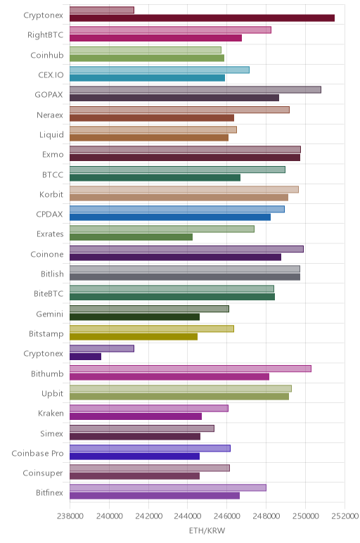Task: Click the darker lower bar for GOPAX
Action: click(x=174, y=98)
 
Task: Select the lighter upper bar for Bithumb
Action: click(x=191, y=369)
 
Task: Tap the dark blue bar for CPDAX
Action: click(x=170, y=217)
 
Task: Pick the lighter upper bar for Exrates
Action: click(x=162, y=229)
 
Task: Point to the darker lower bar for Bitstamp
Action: click(x=134, y=337)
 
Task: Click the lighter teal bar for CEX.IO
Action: click(x=160, y=70)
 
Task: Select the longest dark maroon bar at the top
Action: click(x=202, y=18)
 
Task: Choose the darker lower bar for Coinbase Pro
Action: click(x=135, y=456)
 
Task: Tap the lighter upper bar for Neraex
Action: click(x=179, y=110)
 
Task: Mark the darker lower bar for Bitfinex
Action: click(x=155, y=496)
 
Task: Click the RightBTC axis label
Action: click(x=45, y=35)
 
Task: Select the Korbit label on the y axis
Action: click(x=51, y=194)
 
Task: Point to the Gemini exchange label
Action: click(x=50, y=314)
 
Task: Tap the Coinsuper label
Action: click(x=43, y=473)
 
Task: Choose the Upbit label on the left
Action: click(x=52, y=394)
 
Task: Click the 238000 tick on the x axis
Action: click(x=70, y=516)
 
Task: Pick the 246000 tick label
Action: click(x=227, y=516)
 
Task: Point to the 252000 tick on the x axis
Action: click(x=345, y=516)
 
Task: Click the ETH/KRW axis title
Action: click(x=207, y=530)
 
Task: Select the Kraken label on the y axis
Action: click(x=51, y=414)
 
